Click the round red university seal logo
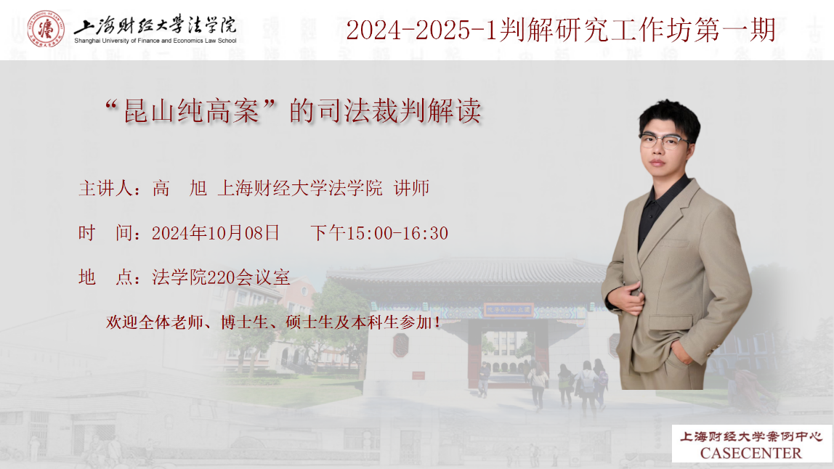click(46, 29)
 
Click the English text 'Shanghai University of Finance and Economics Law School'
click(155, 41)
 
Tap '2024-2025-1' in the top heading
click(422, 30)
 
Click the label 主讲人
click(105, 188)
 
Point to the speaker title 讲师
click(412, 188)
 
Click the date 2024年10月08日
click(216, 233)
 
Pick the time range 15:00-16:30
click(397, 234)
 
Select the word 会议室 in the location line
click(263, 277)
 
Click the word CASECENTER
click(750, 453)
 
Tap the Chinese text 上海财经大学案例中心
click(751, 436)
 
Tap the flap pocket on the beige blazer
click(670, 322)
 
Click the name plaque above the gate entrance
click(509, 309)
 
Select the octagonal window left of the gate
click(400, 345)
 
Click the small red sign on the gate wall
click(418, 375)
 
